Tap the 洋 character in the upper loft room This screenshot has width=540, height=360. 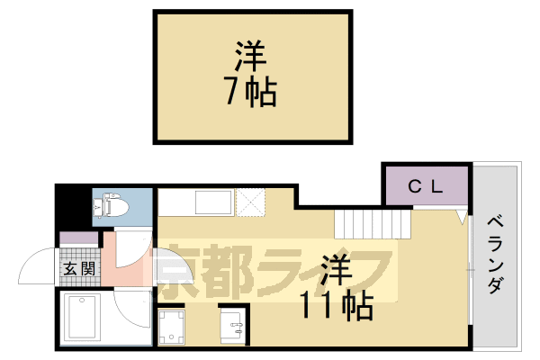(x=251, y=56)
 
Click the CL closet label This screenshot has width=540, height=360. (x=425, y=187)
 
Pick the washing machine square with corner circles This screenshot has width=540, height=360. (x=173, y=326)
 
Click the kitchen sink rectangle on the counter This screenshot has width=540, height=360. (x=214, y=202)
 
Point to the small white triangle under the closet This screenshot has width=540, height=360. (x=460, y=216)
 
